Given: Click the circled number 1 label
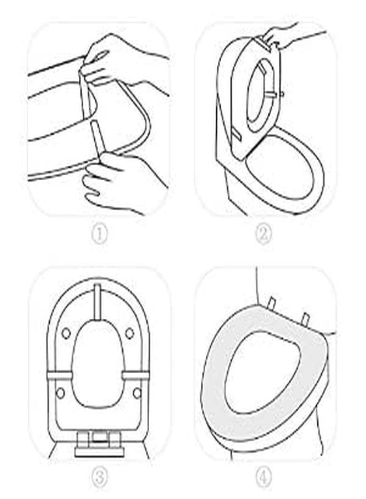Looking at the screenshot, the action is (x=100, y=235).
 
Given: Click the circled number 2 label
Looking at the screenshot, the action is (x=264, y=235).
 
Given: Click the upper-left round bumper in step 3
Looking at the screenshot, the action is (x=66, y=333).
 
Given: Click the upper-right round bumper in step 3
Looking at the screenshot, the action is (x=129, y=333).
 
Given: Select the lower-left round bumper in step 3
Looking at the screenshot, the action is (x=60, y=393).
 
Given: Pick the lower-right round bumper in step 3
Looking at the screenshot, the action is (x=137, y=393).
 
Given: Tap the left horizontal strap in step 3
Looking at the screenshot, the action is (x=60, y=375).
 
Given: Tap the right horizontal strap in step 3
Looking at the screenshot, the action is (x=135, y=375).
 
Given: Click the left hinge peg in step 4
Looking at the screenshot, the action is (x=272, y=302).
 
